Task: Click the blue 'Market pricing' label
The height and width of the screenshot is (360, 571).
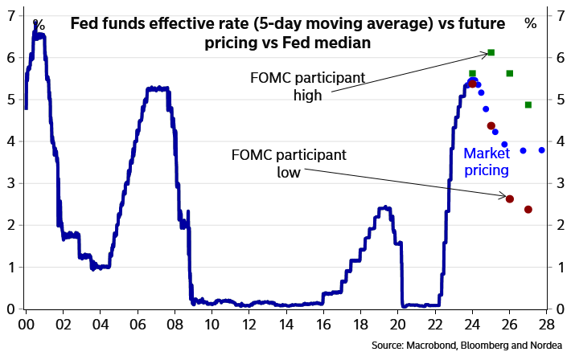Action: click(486, 161)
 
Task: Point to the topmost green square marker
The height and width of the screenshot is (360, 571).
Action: click(491, 52)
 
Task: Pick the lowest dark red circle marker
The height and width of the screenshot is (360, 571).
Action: click(528, 210)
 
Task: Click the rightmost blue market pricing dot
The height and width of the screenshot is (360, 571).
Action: click(542, 150)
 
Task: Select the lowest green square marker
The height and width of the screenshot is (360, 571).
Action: click(528, 104)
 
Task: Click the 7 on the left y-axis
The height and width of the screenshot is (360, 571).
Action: click(11, 14)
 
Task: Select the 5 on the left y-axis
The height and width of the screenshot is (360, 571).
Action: click(11, 99)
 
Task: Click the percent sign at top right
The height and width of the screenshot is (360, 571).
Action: click(530, 24)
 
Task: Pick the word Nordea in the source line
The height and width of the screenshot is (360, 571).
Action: click(542, 346)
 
